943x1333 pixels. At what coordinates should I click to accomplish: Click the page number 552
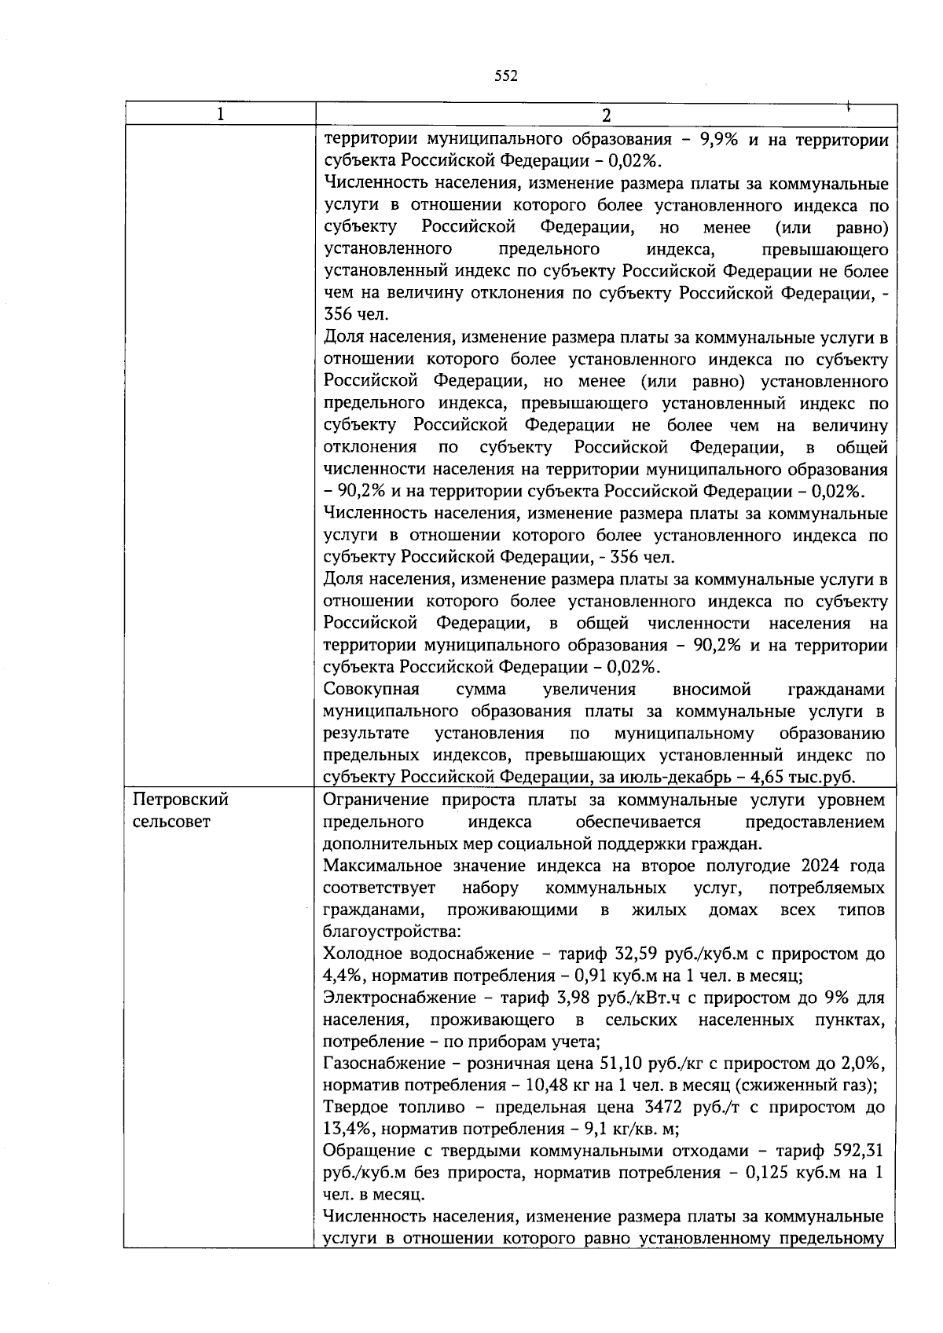(505, 75)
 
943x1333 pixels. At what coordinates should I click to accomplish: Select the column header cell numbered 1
(220, 115)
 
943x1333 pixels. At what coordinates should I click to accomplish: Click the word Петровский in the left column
(181, 800)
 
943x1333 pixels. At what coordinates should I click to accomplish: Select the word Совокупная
(371, 690)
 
